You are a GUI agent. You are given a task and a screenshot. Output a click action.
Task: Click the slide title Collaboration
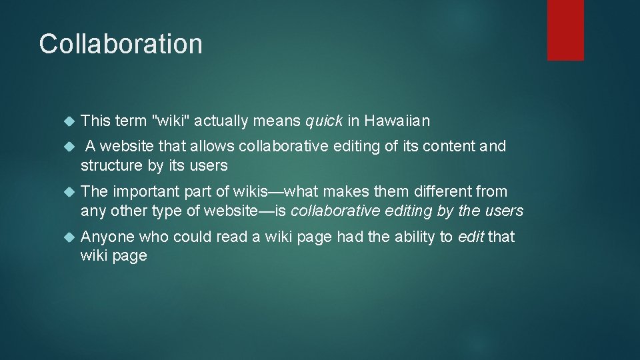coord(121,44)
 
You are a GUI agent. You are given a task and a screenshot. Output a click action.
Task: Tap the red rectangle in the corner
coord(565,30)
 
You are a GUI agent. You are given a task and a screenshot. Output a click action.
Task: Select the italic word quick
coord(324,121)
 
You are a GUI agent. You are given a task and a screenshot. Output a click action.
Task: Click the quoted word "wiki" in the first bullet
coord(171,121)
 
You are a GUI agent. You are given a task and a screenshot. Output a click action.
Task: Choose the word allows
coord(212,146)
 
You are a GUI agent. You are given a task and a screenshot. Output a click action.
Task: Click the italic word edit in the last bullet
coord(471,237)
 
